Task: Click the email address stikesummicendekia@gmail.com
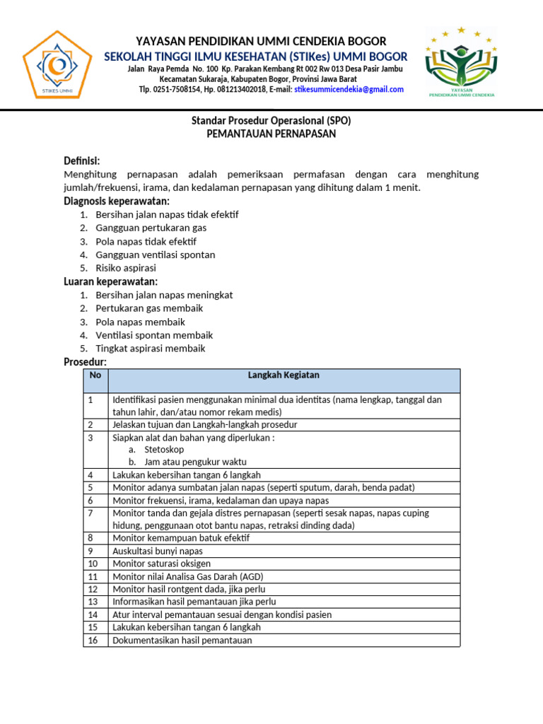349,89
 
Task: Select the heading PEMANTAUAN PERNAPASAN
271,134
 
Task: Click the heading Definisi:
82,160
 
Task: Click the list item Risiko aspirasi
126,268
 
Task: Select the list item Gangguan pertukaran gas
151,228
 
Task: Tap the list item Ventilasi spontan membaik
154,335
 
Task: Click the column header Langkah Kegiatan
284,375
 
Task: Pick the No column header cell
95,375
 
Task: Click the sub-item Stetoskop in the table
163,449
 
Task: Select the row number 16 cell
93,641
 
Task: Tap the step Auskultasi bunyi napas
158,551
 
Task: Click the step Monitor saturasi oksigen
161,564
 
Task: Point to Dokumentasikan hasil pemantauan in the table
182,641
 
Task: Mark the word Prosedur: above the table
85,362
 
